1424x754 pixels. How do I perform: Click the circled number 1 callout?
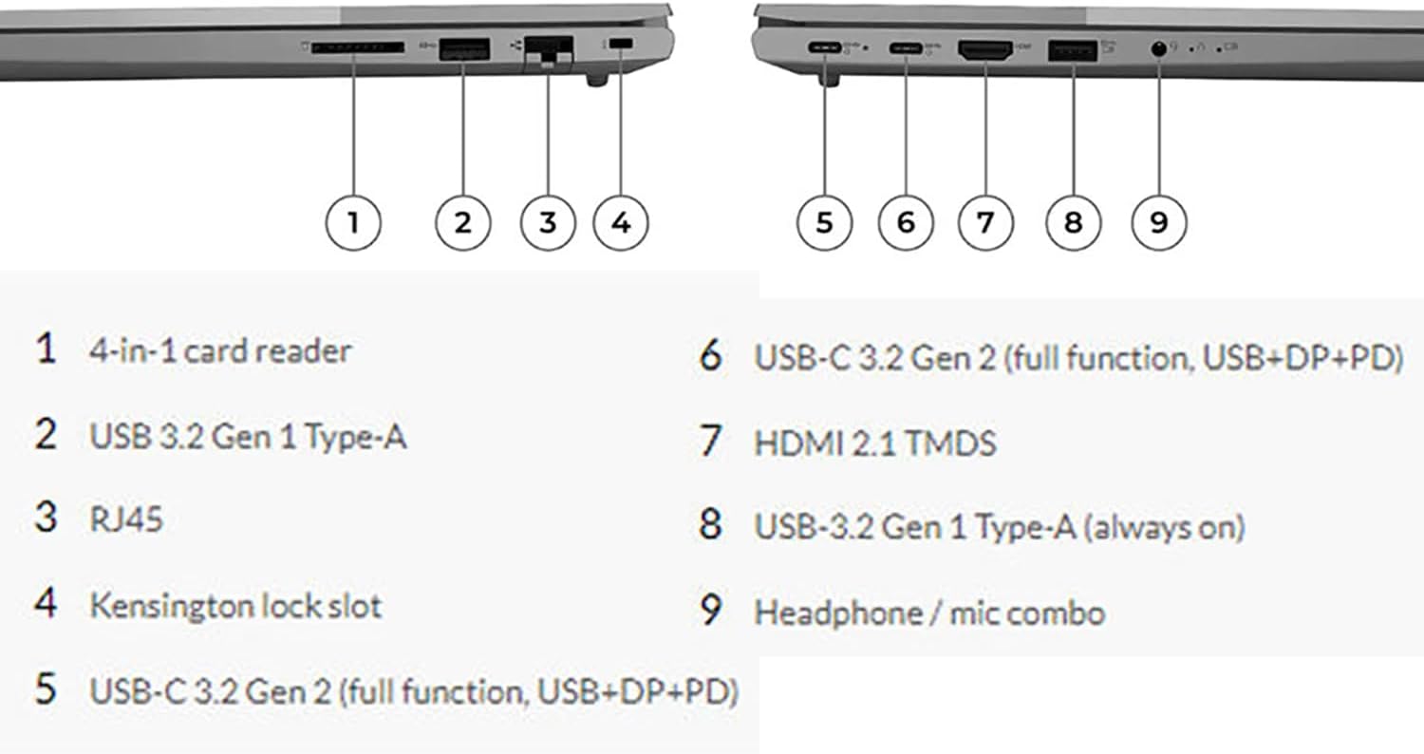pyautogui.click(x=353, y=222)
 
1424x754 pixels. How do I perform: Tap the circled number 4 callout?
pyautogui.click(x=621, y=222)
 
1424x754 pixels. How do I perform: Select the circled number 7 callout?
pyautogui.click(x=985, y=222)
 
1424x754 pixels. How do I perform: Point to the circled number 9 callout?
pyautogui.click(x=1159, y=222)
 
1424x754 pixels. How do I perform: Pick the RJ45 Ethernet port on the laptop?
pyautogui.click(x=549, y=49)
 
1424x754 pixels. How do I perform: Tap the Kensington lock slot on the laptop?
pyautogui.click(x=622, y=46)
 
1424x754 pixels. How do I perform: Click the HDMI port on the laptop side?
pyautogui.click(x=986, y=50)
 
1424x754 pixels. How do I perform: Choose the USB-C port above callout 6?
pyautogui.click(x=905, y=48)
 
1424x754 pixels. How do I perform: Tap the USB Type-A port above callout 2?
pyautogui.click(x=464, y=48)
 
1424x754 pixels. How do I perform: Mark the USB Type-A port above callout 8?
pyautogui.click(x=1072, y=49)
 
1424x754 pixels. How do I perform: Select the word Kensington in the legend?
pyautogui.click(x=157, y=606)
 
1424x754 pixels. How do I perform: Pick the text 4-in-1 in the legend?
pyautogui.click(x=132, y=351)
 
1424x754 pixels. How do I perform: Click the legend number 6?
pyautogui.click(x=711, y=357)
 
